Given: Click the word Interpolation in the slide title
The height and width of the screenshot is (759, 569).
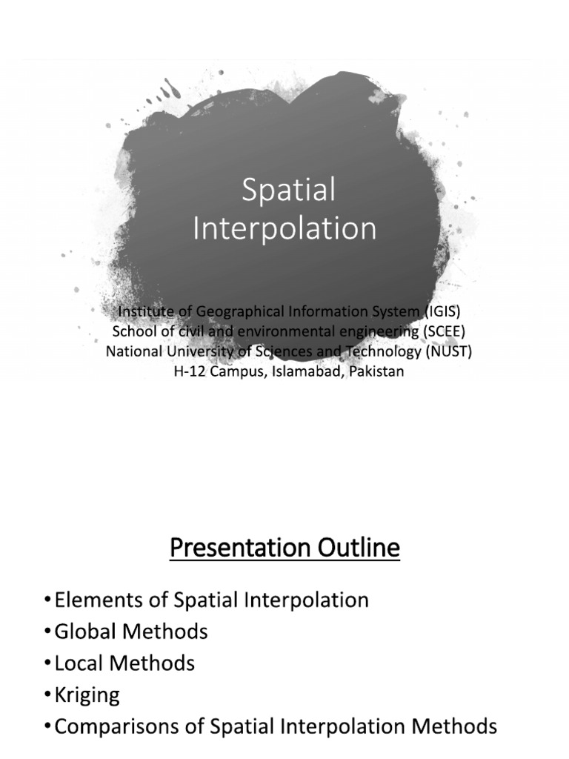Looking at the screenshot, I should coord(284,228).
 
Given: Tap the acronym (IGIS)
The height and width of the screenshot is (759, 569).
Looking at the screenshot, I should coord(436,311).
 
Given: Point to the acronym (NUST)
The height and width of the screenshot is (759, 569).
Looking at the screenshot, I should coord(448,351).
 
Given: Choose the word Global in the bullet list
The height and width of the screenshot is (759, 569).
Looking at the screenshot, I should coord(84,632).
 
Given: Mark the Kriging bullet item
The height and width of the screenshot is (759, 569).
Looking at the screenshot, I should coord(87,695).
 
